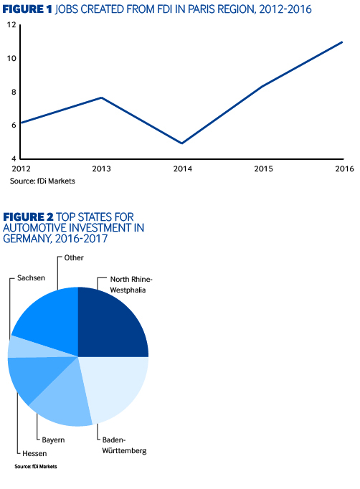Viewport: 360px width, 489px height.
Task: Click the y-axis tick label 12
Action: (11, 24)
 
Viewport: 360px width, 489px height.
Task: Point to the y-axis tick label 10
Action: (11, 58)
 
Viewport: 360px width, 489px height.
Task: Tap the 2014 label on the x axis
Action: (183, 168)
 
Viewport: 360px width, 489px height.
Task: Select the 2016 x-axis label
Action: (344, 168)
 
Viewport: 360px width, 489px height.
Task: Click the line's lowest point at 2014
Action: (182, 143)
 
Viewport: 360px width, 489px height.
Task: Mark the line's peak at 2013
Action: (101, 98)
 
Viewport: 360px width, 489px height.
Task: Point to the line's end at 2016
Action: (342, 42)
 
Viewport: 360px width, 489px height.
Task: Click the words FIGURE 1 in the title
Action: (27, 9)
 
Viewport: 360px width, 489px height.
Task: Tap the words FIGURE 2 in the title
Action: (28, 217)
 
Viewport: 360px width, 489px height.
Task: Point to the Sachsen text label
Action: (32, 278)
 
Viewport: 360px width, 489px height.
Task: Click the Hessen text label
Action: (34, 453)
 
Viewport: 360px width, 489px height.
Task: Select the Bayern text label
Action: (53, 440)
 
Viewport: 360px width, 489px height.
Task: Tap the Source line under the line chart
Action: (42, 181)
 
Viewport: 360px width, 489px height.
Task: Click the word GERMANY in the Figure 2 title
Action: (27, 239)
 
